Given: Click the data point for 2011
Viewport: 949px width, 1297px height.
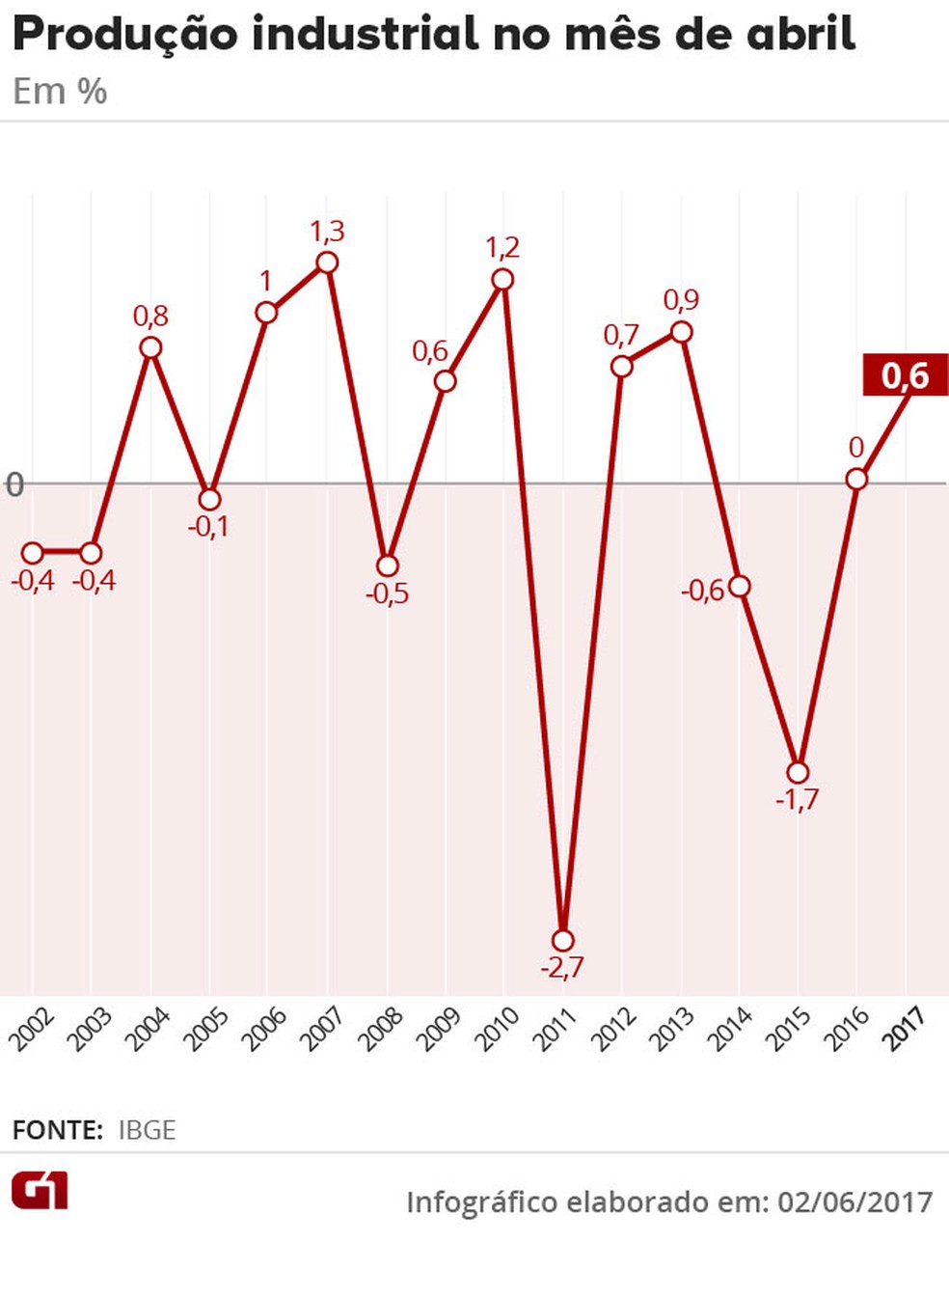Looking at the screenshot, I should tap(563, 940).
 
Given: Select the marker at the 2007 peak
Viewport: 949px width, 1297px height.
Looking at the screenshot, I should tap(327, 262).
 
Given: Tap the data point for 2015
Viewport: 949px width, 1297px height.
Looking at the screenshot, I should tap(798, 772).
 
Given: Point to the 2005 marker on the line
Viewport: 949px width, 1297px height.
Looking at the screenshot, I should tap(209, 499).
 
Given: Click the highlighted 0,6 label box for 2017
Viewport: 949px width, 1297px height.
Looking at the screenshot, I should tap(905, 375).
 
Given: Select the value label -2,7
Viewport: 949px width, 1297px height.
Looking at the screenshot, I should tap(562, 968).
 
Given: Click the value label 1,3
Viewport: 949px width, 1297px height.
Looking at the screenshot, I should tap(327, 232).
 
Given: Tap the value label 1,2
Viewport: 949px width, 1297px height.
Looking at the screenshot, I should tap(502, 248).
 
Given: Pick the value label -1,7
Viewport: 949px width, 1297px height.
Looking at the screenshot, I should tap(798, 800).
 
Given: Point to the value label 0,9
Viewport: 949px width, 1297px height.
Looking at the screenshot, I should tap(681, 300).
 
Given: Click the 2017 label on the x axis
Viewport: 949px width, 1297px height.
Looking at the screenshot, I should tap(906, 1027).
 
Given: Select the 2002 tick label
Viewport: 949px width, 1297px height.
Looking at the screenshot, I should tap(32, 1029).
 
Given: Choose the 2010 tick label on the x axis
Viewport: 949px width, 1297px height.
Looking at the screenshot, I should tap(498, 1029).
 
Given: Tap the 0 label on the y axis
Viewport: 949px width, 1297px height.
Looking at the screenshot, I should tap(14, 483).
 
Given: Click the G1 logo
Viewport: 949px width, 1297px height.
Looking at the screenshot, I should tap(40, 1192).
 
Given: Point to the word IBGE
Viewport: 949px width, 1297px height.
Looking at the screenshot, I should tap(147, 1130).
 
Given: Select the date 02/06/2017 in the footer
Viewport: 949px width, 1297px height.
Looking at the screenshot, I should tap(855, 1202).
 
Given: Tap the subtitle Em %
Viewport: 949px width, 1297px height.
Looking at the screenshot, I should tap(60, 92).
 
